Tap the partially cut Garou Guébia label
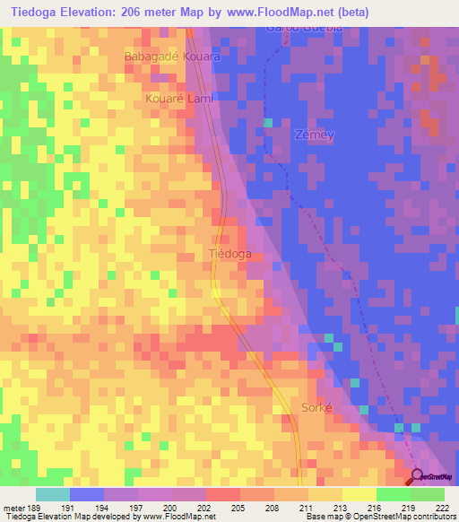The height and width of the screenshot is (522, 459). (304, 28)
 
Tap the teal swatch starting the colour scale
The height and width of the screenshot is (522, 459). (53, 494)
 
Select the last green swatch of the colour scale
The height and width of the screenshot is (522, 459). (427, 494)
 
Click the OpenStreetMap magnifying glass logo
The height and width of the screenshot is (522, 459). (418, 476)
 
